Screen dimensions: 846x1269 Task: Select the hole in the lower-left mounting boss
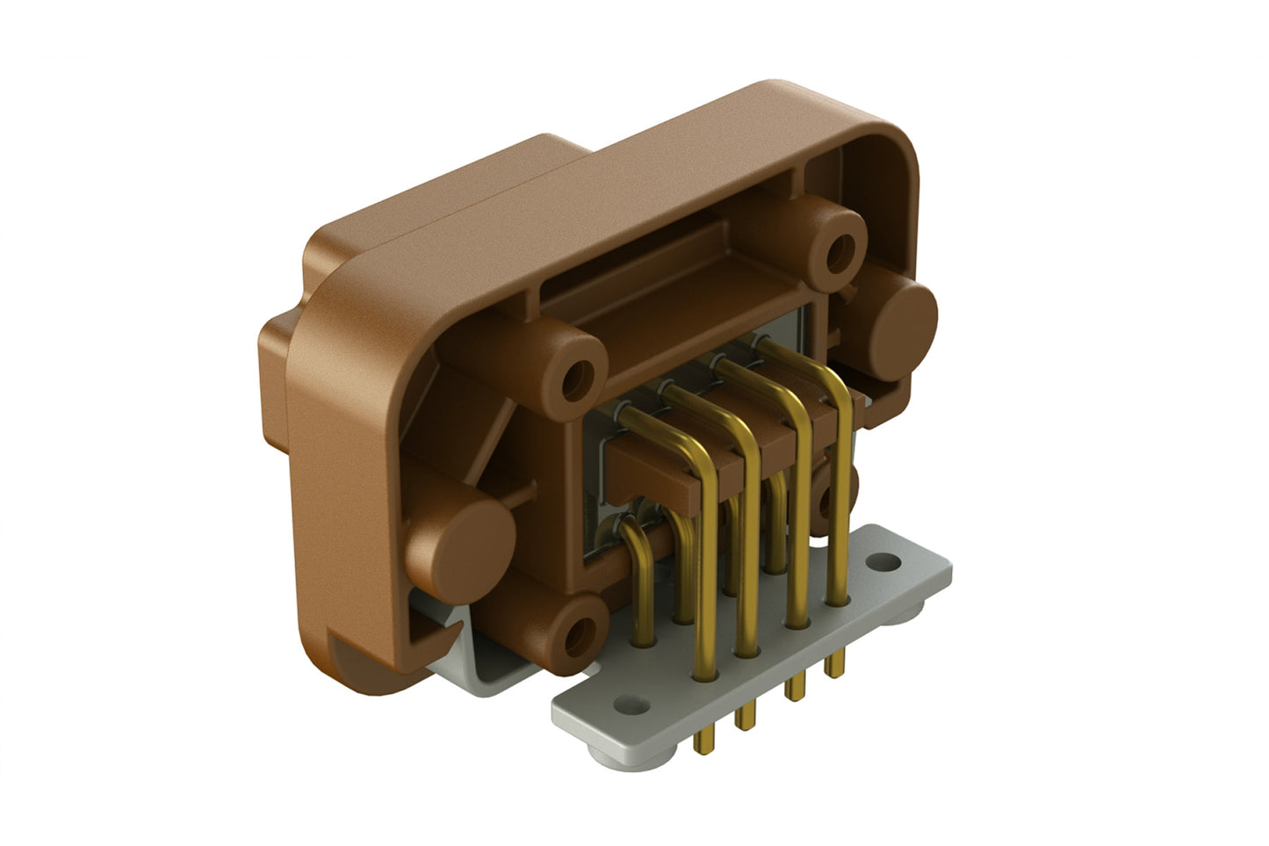[x=576, y=633]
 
